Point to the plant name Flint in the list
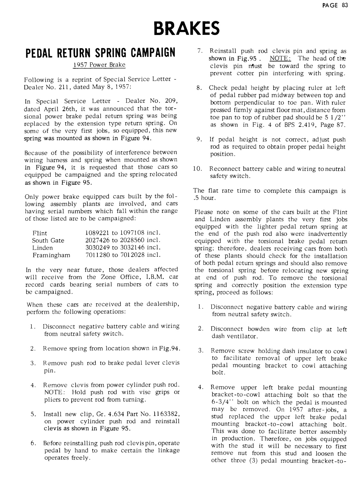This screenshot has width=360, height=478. (40, 233)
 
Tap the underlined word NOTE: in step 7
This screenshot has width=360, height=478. (280, 58)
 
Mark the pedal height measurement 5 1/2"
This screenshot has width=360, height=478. (335, 117)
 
